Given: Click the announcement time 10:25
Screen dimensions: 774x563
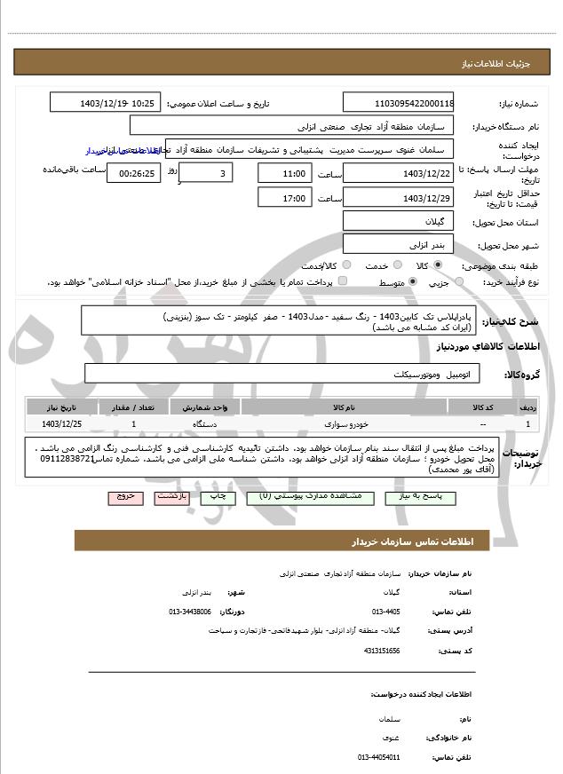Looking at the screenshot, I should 144,103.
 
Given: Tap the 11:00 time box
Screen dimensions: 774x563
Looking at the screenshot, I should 285,173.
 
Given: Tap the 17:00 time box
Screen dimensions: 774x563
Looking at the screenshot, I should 285,198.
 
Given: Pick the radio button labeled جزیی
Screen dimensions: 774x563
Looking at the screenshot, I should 458,282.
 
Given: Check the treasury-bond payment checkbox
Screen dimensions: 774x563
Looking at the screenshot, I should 343,282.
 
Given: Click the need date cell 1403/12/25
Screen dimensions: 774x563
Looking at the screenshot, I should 60,425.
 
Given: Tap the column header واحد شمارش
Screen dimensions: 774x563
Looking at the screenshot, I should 206,407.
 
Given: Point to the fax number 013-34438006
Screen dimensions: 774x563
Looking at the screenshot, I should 190,612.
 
